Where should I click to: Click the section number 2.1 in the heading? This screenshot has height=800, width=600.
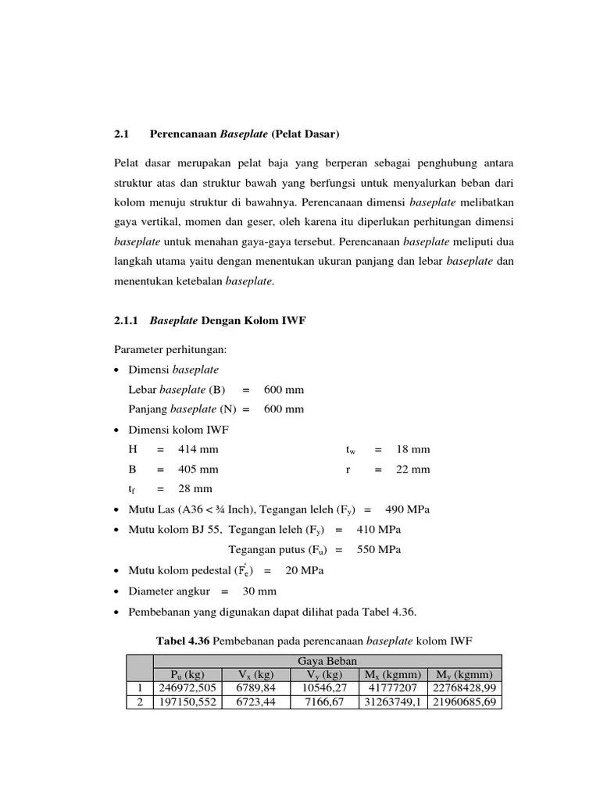(120, 134)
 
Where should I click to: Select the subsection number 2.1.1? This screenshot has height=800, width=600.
(126, 320)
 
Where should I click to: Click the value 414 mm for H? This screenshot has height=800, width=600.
(198, 449)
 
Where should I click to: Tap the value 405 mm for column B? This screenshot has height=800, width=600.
(198, 470)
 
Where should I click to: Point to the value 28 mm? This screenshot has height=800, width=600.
(195, 489)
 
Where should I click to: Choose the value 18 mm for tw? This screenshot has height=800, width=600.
(412, 449)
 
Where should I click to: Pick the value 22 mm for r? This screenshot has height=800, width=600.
(412, 470)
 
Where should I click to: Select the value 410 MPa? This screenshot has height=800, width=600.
(379, 530)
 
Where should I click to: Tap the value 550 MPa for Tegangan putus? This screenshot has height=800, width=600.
(379, 550)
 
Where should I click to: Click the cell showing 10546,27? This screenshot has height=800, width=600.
(321, 688)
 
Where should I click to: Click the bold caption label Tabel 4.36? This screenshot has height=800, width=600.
(183, 641)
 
